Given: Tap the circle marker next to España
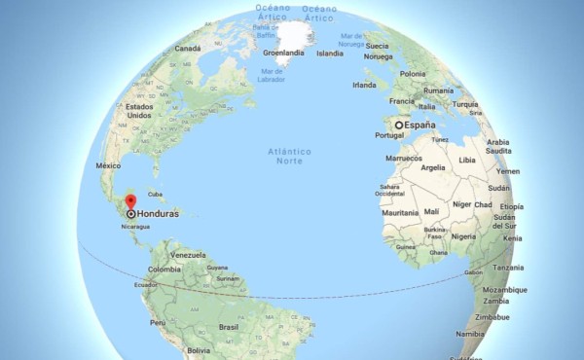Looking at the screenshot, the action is coord(399,126).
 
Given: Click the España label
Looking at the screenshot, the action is coord(420,126).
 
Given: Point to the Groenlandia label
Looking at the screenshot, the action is coord(284,53).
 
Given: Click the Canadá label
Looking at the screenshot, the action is coord(187,47).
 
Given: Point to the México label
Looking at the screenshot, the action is coord(108,166).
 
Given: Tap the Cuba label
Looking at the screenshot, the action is coord(155,194).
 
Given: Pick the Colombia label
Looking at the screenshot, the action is coord(164,269).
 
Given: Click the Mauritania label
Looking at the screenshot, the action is coord(400,212).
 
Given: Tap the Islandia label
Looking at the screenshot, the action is coord(330,53).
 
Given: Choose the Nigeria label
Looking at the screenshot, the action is coord(464,235).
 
